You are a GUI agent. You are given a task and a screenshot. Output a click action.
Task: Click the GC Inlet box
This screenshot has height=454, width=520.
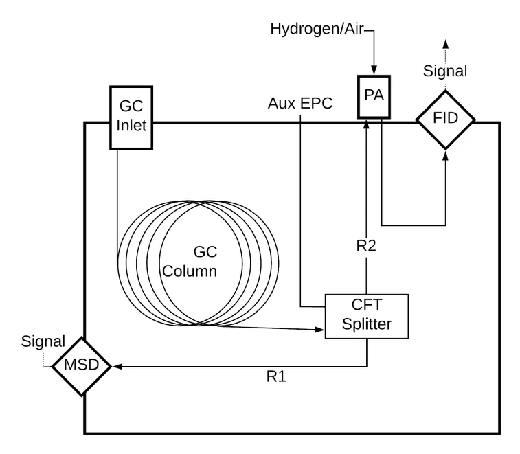click(131, 117)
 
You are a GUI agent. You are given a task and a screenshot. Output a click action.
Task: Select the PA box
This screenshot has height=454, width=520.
click(374, 96)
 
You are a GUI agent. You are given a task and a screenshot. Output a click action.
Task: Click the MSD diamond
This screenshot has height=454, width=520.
click(82, 365)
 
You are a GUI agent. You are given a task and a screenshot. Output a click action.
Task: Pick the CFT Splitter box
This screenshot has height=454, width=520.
click(366, 315)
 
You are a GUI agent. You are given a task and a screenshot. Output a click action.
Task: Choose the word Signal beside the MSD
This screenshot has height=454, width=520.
click(43, 341)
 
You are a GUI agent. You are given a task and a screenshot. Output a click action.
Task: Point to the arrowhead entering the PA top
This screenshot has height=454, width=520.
click(373, 69)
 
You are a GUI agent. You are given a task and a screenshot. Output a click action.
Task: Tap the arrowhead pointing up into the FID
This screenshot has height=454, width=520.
click(446, 155)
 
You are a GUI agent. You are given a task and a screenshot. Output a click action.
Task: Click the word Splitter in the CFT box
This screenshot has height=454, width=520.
click(366, 324)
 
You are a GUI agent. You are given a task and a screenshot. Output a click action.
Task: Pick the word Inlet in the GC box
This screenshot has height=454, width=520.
click(131, 126)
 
